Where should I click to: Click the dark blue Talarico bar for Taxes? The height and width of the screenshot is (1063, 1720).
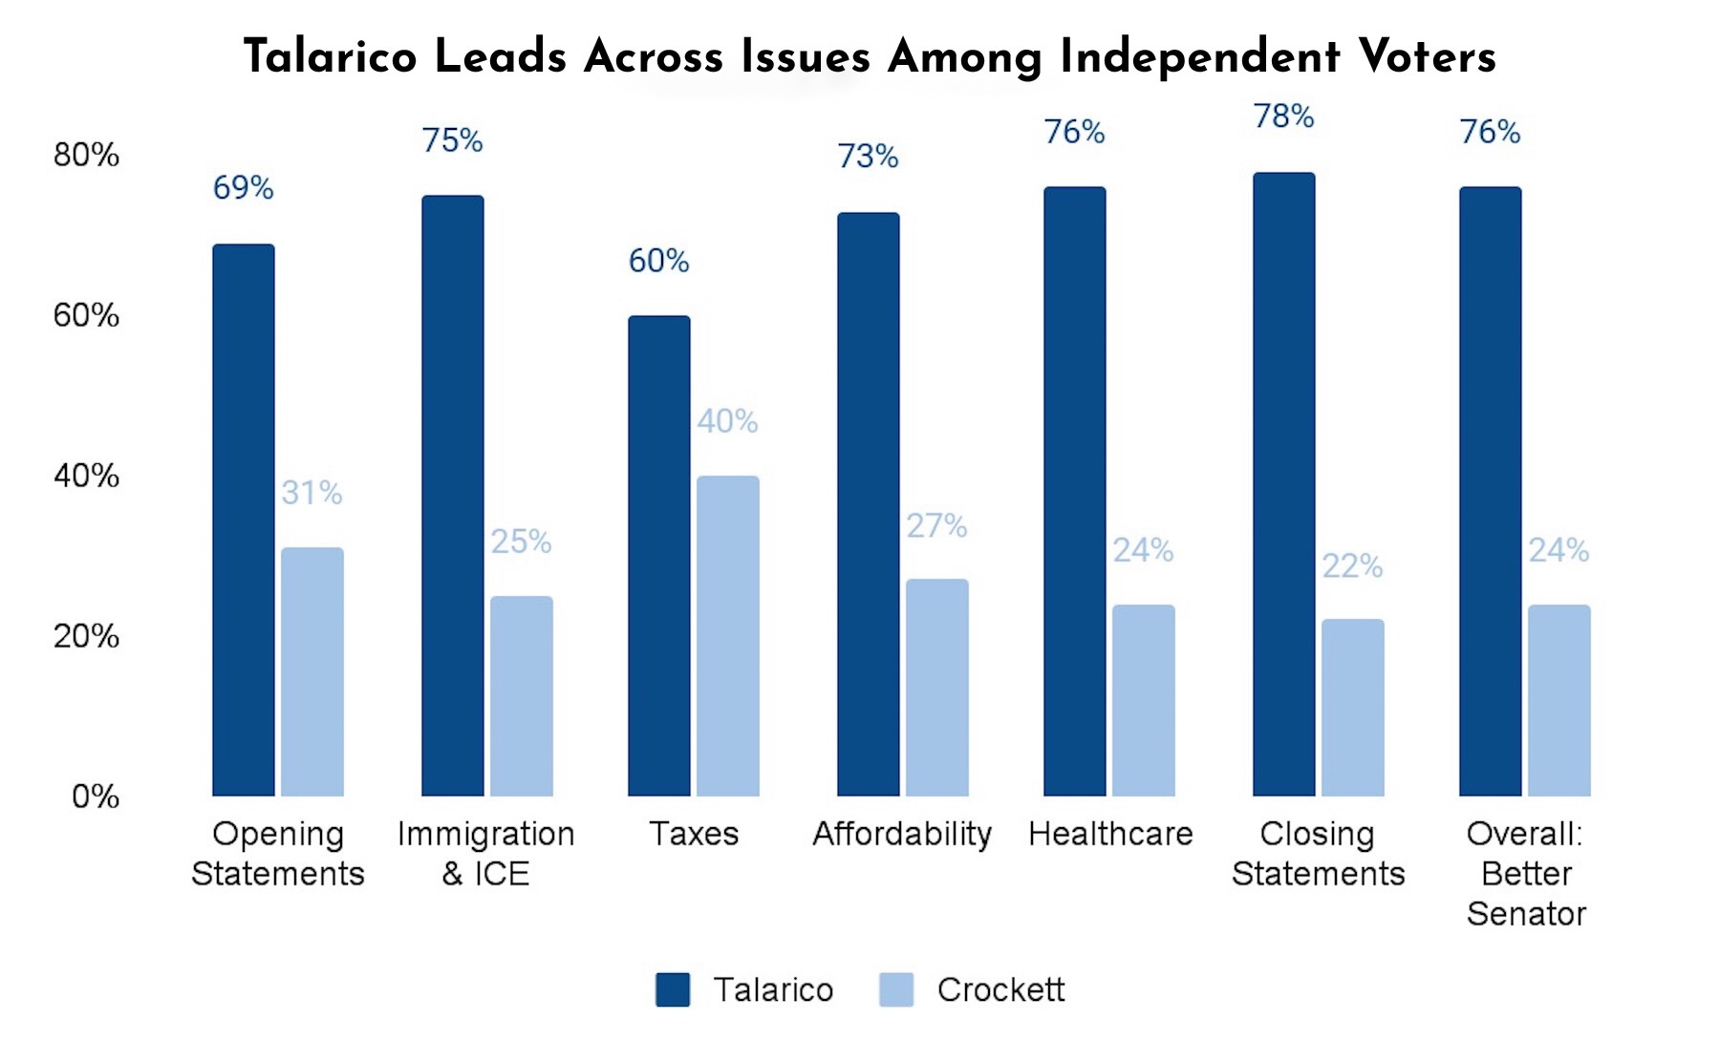[x=658, y=556]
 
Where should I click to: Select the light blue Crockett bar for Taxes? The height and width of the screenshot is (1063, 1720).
[x=727, y=636]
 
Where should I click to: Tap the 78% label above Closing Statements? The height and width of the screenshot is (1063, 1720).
[x=1283, y=117]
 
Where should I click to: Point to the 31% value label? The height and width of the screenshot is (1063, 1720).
[x=312, y=493]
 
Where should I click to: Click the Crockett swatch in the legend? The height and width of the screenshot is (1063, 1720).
[x=895, y=990]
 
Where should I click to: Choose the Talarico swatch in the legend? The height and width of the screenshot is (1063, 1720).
[x=673, y=990]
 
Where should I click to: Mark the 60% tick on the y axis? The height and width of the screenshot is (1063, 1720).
[x=86, y=315]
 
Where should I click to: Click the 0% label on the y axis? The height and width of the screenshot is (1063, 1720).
[x=95, y=797]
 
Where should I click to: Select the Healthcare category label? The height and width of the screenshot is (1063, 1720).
[x=1110, y=835]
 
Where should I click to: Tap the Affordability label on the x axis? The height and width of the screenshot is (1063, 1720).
[x=902, y=835]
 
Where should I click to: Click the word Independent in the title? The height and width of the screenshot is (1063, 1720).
[x=1200, y=56]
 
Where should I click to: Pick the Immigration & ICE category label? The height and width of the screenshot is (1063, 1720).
[x=485, y=854]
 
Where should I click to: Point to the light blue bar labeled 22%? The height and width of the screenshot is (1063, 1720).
[x=1352, y=708]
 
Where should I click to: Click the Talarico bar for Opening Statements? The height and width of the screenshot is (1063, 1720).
[x=243, y=521]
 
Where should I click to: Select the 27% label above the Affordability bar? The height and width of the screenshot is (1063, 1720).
[x=936, y=526]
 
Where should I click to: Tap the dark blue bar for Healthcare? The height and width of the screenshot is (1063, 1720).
[x=1074, y=492]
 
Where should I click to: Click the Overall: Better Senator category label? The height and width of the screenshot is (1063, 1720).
[x=1525, y=874]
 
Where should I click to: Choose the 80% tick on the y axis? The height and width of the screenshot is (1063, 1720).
[x=86, y=155]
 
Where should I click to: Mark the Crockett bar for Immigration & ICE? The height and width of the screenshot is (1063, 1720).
[x=521, y=696]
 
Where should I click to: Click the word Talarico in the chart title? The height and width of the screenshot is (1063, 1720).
[x=330, y=56]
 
